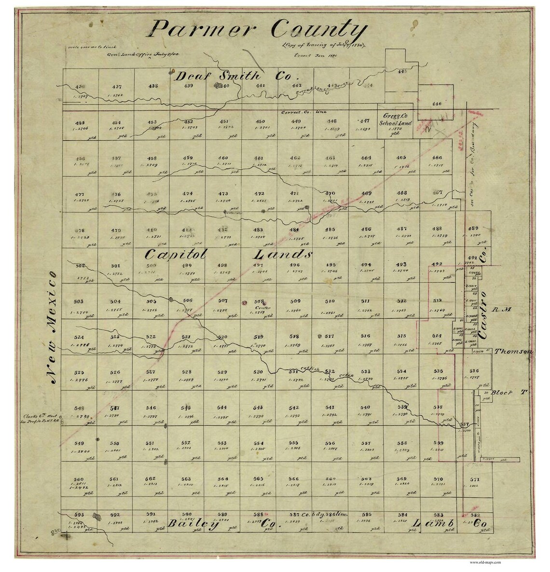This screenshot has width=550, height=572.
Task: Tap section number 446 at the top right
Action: (x=437, y=104)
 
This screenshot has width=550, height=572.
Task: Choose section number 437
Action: (x=117, y=87)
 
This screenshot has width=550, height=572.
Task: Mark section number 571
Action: (x=475, y=479)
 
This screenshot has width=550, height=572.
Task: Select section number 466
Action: (x=437, y=158)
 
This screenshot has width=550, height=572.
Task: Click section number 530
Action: (x=258, y=372)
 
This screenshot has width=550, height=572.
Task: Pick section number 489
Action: (x=473, y=228)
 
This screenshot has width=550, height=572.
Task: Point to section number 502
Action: (x=80, y=266)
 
